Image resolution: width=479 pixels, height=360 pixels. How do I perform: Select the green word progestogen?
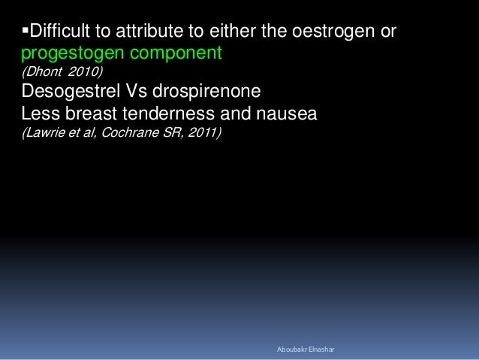pos(68,55)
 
